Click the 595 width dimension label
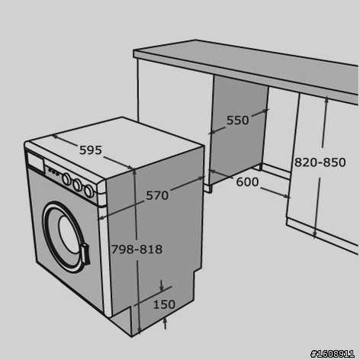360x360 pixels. coord(91,150)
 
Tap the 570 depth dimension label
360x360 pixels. coord(157,195)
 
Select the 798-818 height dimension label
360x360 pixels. coord(137,249)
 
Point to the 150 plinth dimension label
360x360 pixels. coord(164,304)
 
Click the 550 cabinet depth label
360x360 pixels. coord(238,121)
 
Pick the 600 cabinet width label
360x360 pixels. coord(247,182)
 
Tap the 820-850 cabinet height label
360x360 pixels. coord(320,162)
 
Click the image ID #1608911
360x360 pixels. coord(333,354)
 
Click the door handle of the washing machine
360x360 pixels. coord(85,254)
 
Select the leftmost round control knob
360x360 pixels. coord(66,179)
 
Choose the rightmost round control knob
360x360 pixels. coord(88,191)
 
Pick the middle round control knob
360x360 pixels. coord(77,185)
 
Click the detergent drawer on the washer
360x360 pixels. coord(35,161)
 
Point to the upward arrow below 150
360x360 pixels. coord(166,323)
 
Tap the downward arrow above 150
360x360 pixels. coord(162,286)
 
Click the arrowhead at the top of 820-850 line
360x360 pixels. coord(326,100)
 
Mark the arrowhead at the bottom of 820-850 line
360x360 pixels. coord(315,234)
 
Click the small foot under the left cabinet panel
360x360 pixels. coord(208,189)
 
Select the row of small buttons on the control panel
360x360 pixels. coord(54,172)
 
